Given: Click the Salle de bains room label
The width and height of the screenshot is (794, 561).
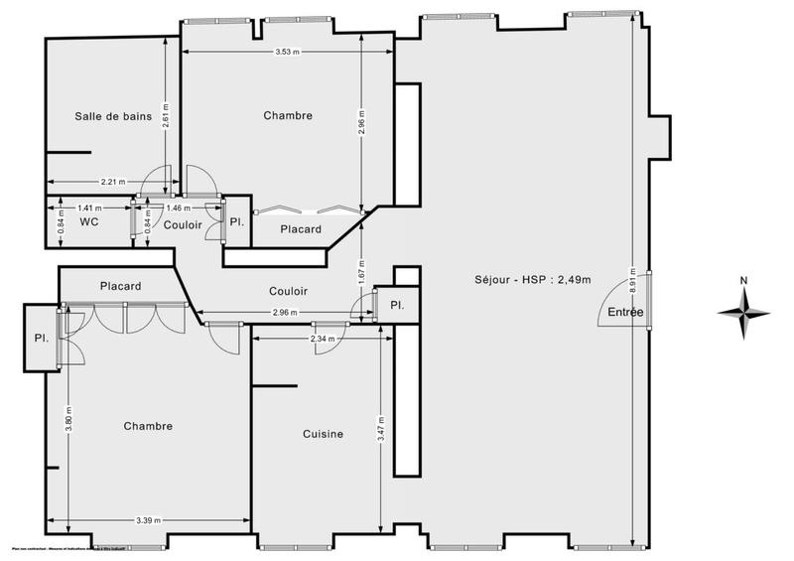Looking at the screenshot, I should (x=113, y=116).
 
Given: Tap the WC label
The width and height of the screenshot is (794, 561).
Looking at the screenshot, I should (x=88, y=222).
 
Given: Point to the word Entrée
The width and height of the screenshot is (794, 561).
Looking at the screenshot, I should (x=626, y=312).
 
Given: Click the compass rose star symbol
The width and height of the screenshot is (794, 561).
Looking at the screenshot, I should (x=743, y=312).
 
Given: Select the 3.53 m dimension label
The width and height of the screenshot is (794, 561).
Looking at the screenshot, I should (x=288, y=52).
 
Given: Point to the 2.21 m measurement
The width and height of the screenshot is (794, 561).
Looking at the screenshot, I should (x=113, y=182).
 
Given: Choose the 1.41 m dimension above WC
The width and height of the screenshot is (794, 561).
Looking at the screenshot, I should (x=90, y=209).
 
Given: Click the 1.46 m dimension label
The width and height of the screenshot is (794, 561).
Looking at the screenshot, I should (x=179, y=209).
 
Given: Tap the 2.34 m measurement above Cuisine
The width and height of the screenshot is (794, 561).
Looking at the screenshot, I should (x=322, y=339).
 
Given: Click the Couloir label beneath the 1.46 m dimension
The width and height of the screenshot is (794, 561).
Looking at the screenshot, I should (x=183, y=225).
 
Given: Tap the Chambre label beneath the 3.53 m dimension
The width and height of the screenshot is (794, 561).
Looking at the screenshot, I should (x=288, y=116).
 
